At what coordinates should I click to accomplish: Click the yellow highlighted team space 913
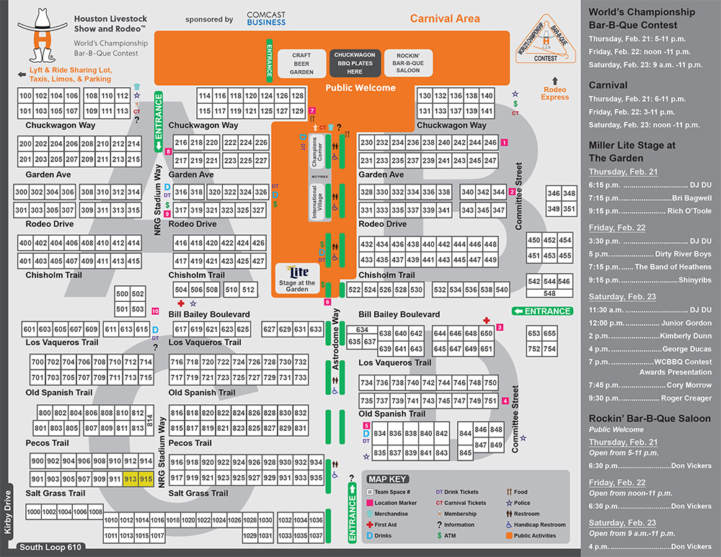(x=131, y=479)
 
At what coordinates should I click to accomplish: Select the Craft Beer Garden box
(x=301, y=64)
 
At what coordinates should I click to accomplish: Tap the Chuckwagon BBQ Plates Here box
(x=355, y=64)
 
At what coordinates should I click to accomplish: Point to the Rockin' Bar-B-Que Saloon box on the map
(x=408, y=64)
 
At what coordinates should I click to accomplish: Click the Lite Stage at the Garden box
(x=297, y=277)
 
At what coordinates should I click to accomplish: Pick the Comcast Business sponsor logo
(x=266, y=19)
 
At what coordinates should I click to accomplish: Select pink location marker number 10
(x=155, y=311)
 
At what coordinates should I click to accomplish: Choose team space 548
(x=549, y=293)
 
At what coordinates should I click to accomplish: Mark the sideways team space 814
(x=150, y=423)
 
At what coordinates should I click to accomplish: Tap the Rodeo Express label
(x=555, y=93)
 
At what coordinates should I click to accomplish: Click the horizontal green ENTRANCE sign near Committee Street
(x=542, y=311)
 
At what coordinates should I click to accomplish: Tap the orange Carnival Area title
(x=445, y=19)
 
